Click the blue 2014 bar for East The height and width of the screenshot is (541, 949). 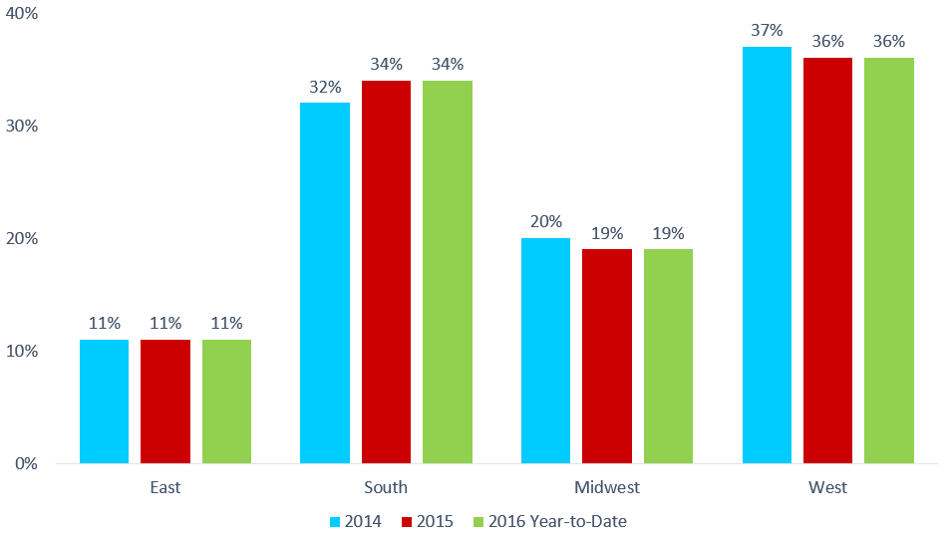pyautogui.click(x=104, y=402)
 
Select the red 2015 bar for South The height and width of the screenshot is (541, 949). pyautogui.click(x=386, y=272)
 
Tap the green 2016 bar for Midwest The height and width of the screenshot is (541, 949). pyautogui.click(x=668, y=357)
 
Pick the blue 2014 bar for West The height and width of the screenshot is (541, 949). pyautogui.click(x=767, y=255)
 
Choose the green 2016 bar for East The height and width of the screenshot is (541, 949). pyautogui.click(x=226, y=402)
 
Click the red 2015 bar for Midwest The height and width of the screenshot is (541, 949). pyautogui.click(x=607, y=357)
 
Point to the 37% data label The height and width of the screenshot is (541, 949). pyautogui.click(x=767, y=30)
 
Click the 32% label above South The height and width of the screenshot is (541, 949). pyautogui.click(x=326, y=87)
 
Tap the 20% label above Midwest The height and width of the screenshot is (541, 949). pyautogui.click(x=546, y=221)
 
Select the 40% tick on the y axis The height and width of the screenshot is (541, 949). pyautogui.click(x=22, y=13)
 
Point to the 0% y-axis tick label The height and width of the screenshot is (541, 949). pyautogui.click(x=26, y=463)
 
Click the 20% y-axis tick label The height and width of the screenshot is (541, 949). pyautogui.click(x=22, y=238)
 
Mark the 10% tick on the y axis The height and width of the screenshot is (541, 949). pyautogui.click(x=22, y=351)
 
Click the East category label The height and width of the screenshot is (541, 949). pyautogui.click(x=165, y=487)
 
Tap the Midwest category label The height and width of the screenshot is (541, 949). pyautogui.click(x=607, y=487)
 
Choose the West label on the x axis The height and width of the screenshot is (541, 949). pyautogui.click(x=828, y=487)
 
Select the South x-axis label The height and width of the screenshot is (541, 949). pyautogui.click(x=386, y=487)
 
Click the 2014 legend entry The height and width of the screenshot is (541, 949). pyautogui.click(x=356, y=522)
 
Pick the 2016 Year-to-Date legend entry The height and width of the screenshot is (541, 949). pyautogui.click(x=550, y=522)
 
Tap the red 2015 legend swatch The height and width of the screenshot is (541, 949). pyautogui.click(x=407, y=522)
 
